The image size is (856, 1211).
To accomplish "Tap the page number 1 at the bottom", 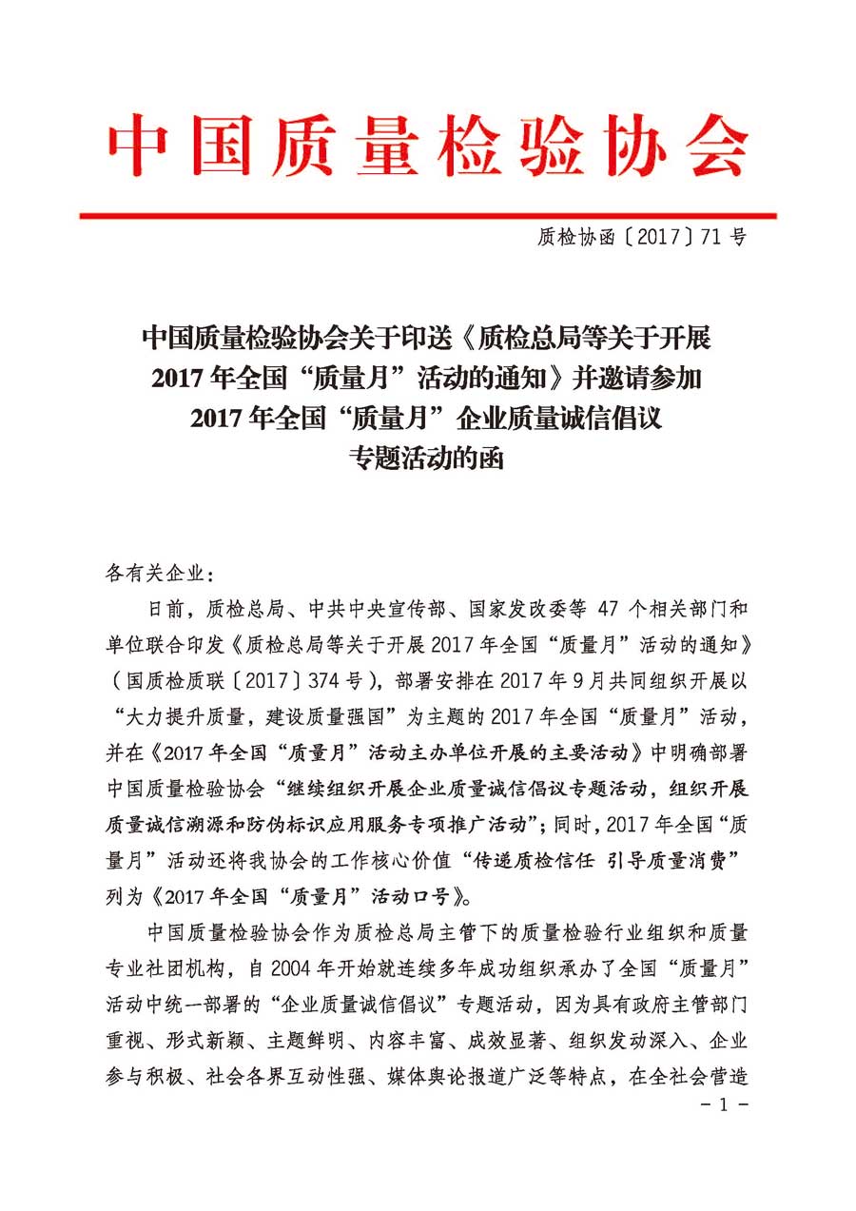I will click(x=724, y=1105).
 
